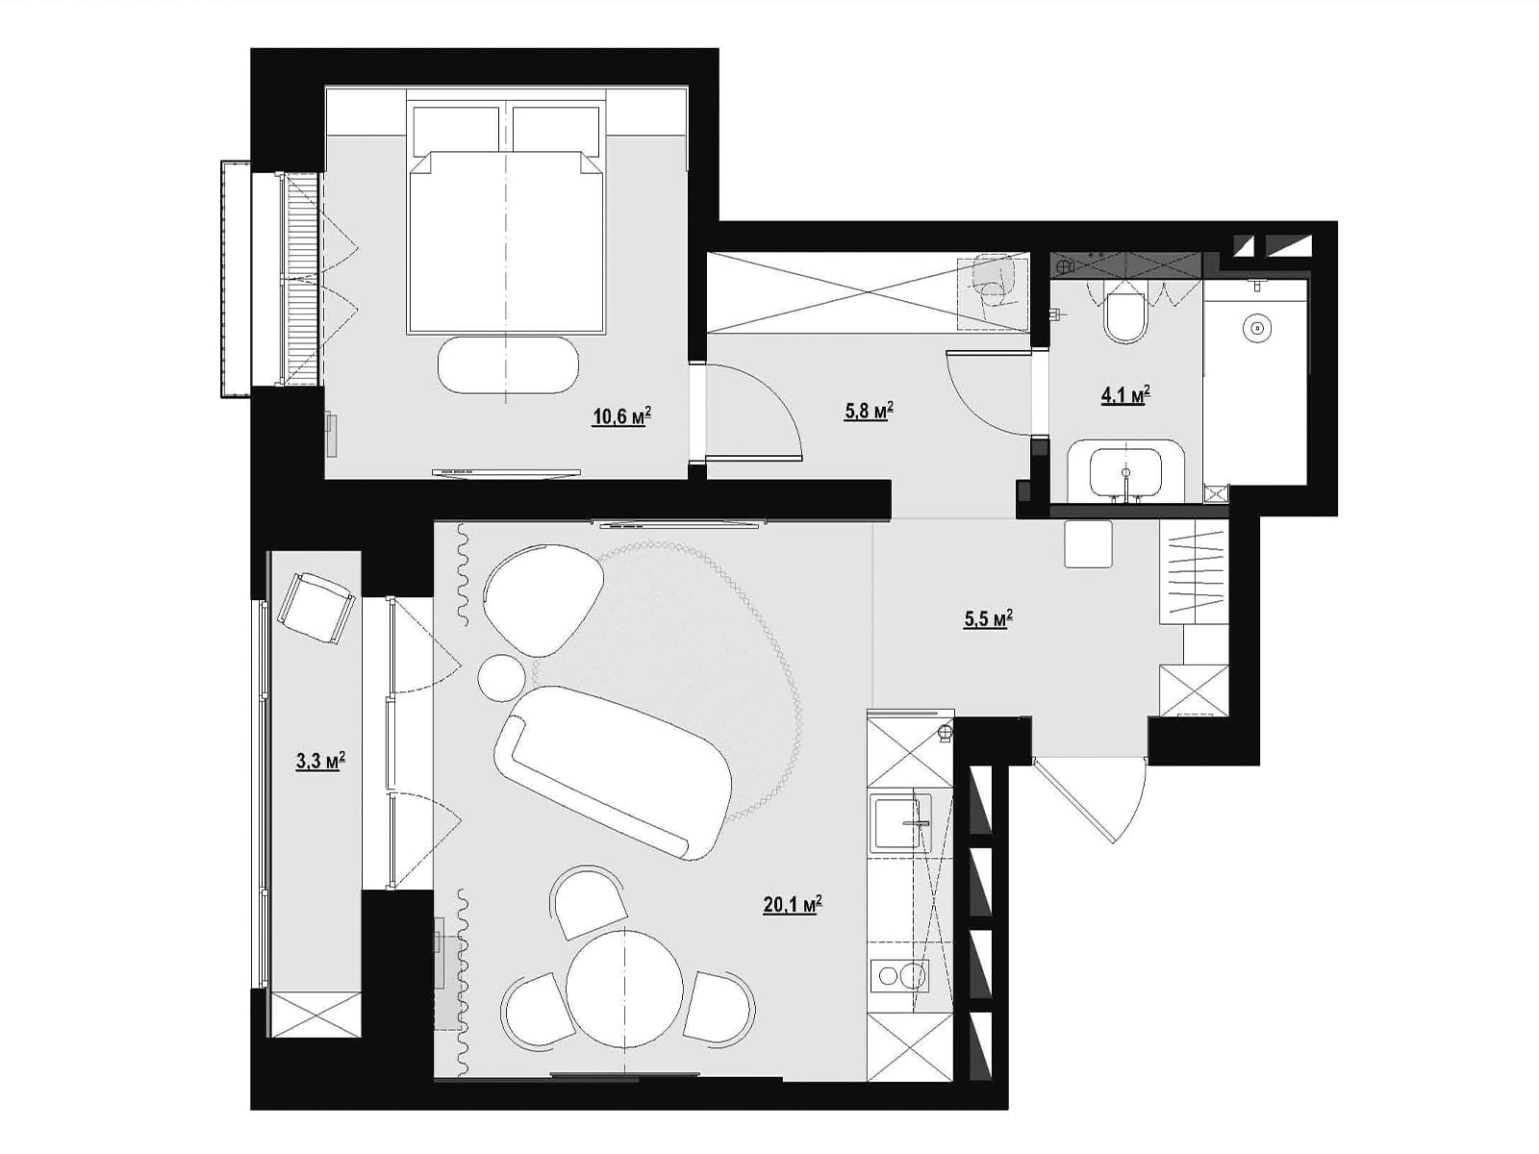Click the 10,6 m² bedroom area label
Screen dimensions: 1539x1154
click(622, 417)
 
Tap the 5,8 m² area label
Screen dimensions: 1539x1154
click(869, 411)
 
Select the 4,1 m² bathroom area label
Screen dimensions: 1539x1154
click(1125, 395)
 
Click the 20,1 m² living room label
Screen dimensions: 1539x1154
click(793, 905)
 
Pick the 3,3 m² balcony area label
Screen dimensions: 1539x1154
click(320, 761)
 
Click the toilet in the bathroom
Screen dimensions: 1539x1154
click(1123, 316)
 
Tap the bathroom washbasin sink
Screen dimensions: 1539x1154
click(1125, 472)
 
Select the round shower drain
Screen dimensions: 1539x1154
click(1257, 327)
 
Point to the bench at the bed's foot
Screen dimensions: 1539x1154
click(508, 366)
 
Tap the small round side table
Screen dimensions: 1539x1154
click(501, 677)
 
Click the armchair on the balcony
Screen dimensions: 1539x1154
click(316, 608)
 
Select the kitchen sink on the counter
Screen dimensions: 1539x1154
click(901, 823)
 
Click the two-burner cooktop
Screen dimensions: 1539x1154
click(899, 976)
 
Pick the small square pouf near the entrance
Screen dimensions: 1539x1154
click(1088, 543)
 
